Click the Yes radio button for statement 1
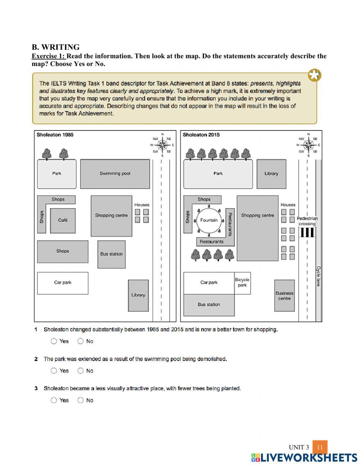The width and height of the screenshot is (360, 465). point(54,341)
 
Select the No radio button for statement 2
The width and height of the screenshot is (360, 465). point(80,371)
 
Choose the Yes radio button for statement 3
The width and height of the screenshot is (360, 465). point(54,400)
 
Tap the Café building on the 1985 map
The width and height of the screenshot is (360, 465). point(63,220)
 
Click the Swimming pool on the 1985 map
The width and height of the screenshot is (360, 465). point(115,174)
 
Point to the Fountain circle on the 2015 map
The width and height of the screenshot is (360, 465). point(209,220)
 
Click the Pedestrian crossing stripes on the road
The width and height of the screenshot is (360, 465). point(307,232)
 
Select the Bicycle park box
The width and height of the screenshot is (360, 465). point(242,283)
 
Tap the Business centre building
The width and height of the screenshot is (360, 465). point(284,296)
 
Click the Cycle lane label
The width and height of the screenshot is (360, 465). point(318,276)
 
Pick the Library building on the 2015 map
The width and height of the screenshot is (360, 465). point(271,174)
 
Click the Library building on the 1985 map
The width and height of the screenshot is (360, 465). point(138,295)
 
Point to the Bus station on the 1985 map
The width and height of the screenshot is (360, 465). point(111,254)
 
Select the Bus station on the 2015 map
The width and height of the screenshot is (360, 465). point(209,305)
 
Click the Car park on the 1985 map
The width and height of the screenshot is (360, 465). point(63,283)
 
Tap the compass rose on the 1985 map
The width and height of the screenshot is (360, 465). point(162,145)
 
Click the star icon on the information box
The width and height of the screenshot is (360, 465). point(315,76)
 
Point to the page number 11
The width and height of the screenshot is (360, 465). point(320,448)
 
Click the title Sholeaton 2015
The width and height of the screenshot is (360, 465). point(201,135)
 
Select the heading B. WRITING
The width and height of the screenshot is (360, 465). point(56,47)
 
